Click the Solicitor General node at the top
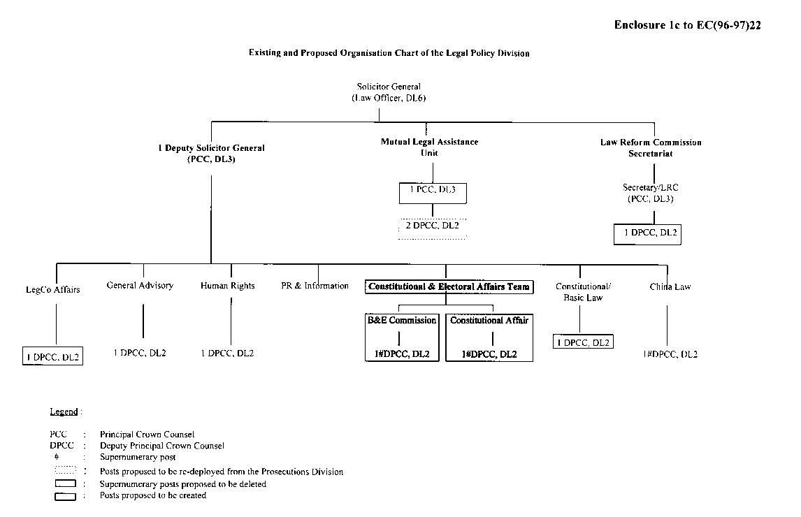(x=389, y=92)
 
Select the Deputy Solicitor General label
(x=211, y=154)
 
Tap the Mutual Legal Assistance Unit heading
(x=429, y=147)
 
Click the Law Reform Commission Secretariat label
(x=650, y=147)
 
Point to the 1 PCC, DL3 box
(x=433, y=193)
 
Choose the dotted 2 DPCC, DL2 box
(x=433, y=228)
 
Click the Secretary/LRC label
(x=650, y=193)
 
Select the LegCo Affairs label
(x=53, y=290)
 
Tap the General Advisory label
(x=140, y=286)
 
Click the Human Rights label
(x=228, y=286)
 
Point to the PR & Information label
(x=315, y=286)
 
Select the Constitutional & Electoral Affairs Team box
(x=449, y=286)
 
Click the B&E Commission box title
(x=402, y=321)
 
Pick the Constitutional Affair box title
(x=489, y=321)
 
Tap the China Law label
(x=670, y=286)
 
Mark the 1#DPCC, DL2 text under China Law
(x=670, y=354)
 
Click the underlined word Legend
(x=64, y=412)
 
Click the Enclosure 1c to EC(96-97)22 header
(x=687, y=25)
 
